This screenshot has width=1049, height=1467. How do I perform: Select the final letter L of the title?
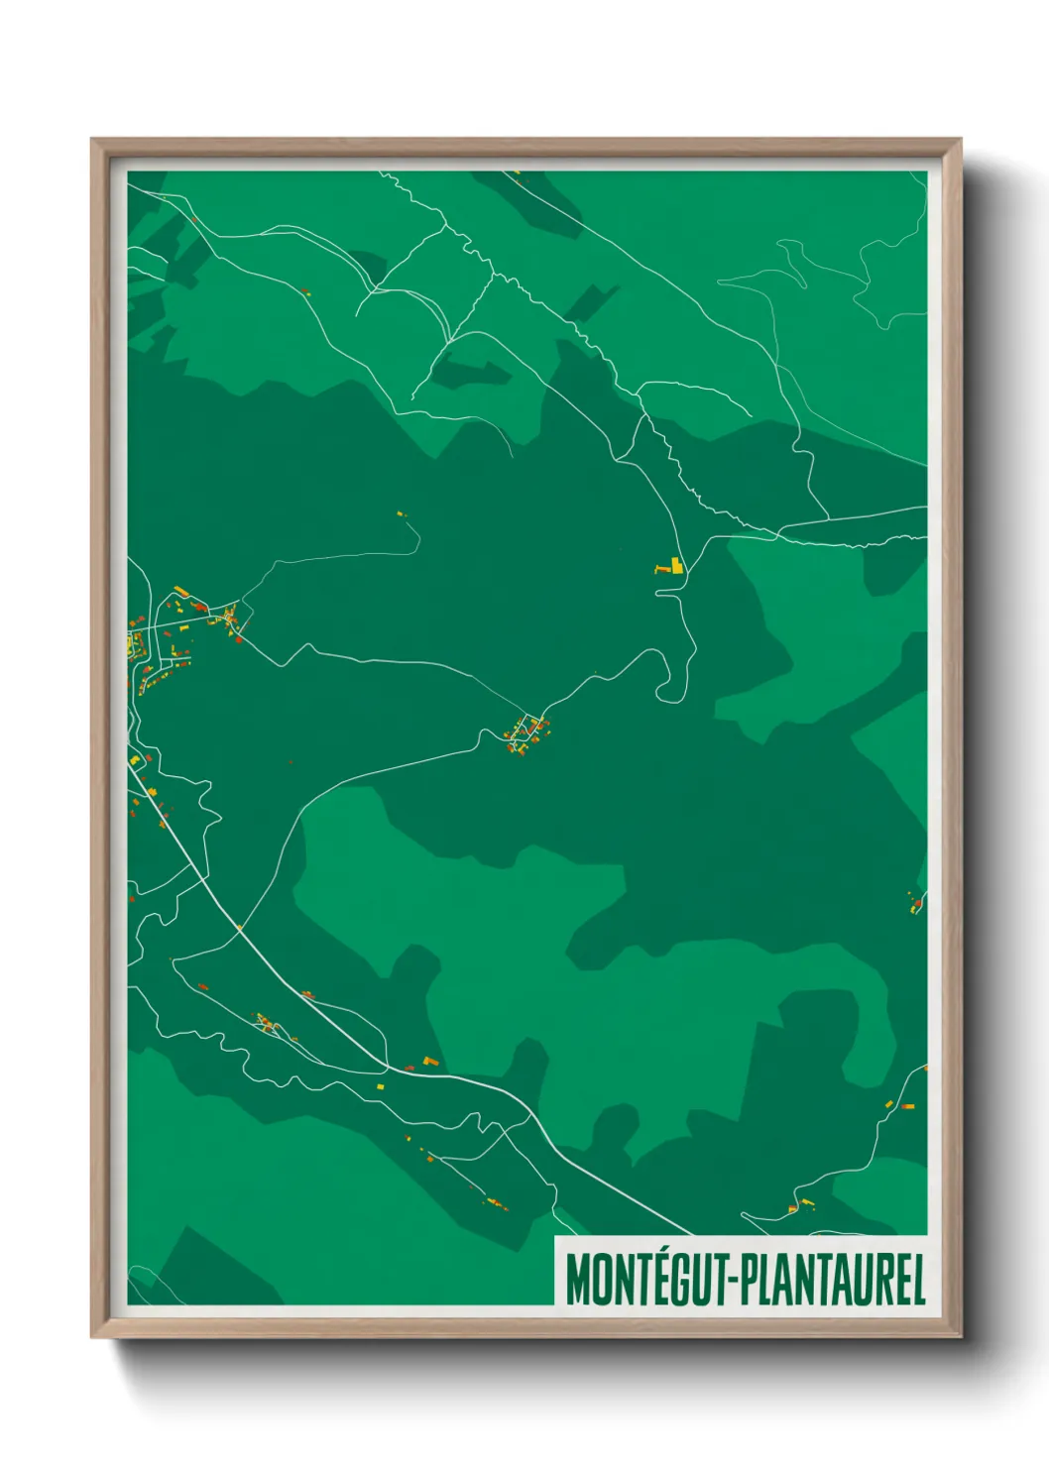pos(917,1280)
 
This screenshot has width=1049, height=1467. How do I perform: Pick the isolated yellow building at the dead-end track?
pos(402,514)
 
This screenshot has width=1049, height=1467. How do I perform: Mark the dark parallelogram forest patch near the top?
pos(591,300)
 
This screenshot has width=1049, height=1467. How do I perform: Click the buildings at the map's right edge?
pos(915,901)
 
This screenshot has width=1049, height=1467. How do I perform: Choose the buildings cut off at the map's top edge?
pos(517,175)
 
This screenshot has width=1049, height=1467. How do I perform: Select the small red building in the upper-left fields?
pos(305,291)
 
